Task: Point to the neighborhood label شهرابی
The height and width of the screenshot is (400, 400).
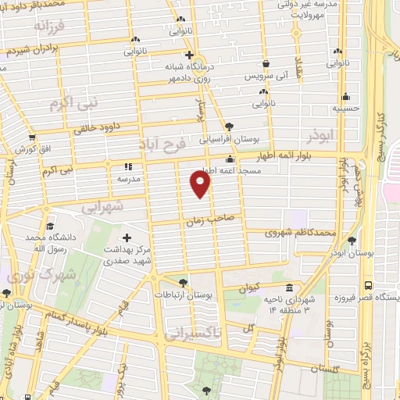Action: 102,207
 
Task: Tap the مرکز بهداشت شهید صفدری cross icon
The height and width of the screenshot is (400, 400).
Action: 127,237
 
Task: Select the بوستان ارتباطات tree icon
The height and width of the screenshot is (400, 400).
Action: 183,282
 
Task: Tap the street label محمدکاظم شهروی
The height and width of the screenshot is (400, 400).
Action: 300,233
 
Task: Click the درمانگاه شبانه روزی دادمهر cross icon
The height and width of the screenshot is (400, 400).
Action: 188,55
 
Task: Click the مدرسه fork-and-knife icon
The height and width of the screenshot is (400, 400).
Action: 128,166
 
